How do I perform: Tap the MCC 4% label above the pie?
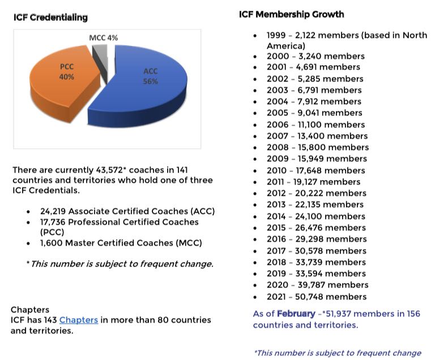(x=104, y=38)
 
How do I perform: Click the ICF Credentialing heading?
(x=50, y=18)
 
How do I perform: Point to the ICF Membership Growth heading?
(x=292, y=14)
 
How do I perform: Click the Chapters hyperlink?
(x=79, y=320)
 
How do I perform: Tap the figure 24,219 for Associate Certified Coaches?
(x=53, y=211)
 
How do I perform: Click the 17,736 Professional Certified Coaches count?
(x=53, y=222)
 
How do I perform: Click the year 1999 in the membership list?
(x=278, y=35)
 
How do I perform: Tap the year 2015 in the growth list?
(x=278, y=228)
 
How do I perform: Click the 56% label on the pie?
(x=151, y=82)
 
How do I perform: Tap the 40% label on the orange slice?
(x=67, y=76)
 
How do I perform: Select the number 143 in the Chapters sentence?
(x=48, y=320)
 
